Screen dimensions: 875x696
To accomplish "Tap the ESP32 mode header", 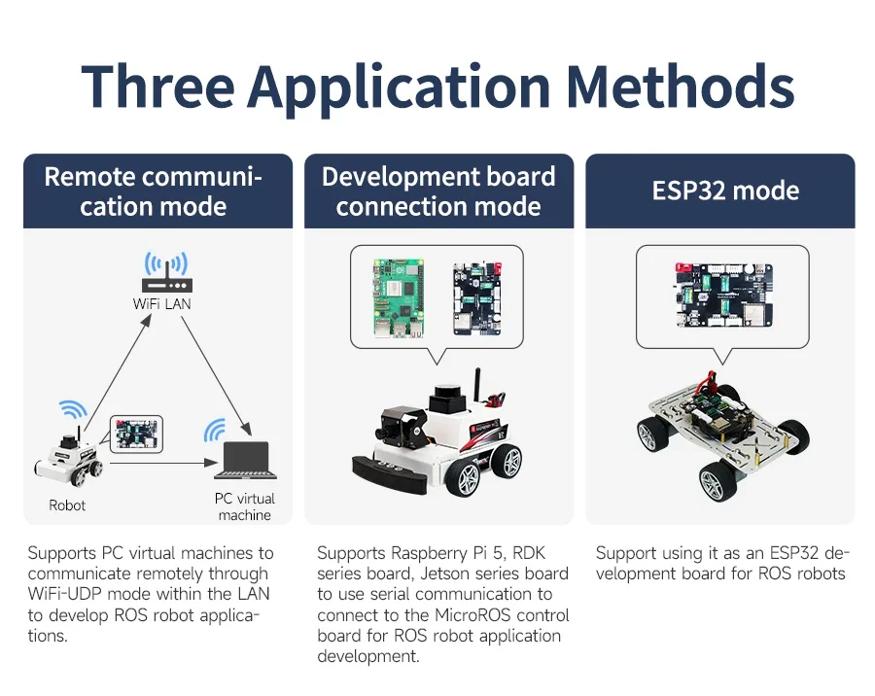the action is click(x=725, y=191).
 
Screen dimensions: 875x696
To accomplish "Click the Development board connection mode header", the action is click(x=438, y=191).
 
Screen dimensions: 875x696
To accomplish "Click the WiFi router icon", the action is click(x=166, y=272).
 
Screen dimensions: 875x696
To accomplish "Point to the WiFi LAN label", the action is click(x=161, y=303).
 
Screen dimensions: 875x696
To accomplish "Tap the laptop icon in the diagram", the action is click(x=246, y=460).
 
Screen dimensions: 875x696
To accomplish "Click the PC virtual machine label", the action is click(x=244, y=506).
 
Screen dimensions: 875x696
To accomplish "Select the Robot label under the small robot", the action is click(x=67, y=505).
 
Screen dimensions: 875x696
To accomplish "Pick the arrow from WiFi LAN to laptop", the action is click(x=217, y=376).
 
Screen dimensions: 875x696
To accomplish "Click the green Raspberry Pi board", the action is click(x=399, y=298).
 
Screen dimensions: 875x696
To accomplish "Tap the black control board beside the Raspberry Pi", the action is click(x=477, y=298).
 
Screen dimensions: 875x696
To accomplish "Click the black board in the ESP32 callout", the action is click(x=724, y=295).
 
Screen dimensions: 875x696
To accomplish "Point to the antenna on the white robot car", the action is click(x=477, y=385).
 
